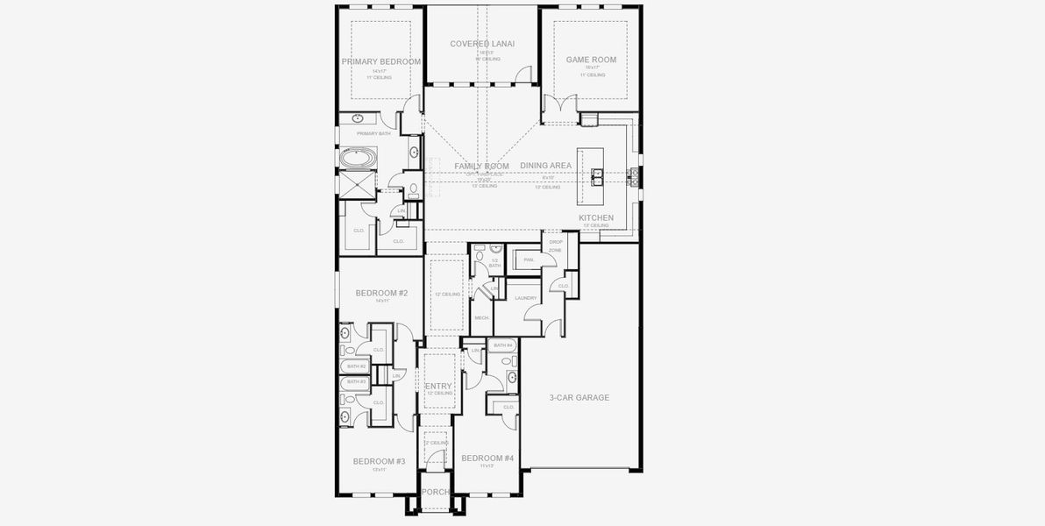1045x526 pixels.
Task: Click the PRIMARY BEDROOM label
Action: click(x=381, y=62)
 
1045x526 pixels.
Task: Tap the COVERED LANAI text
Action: click(x=482, y=43)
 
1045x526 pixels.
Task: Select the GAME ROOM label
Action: click(x=591, y=60)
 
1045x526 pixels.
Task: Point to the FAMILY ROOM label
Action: click(x=481, y=166)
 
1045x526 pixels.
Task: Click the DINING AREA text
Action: click(x=545, y=166)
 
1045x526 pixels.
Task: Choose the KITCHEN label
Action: click(x=596, y=217)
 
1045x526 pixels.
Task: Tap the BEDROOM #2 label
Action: click(x=381, y=293)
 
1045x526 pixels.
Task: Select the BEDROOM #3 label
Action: click(x=379, y=461)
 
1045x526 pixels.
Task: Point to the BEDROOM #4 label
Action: click(x=487, y=458)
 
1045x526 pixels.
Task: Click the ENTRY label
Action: click(x=438, y=387)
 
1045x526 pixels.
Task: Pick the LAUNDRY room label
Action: click(x=525, y=298)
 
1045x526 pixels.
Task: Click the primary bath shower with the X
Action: click(x=357, y=186)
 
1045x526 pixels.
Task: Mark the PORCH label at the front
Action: click(x=436, y=493)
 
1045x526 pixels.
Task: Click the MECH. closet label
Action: click(x=481, y=317)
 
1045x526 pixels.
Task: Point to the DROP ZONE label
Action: click(x=555, y=246)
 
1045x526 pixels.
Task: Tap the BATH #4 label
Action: click(x=502, y=345)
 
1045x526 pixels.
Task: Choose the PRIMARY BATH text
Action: click(x=373, y=133)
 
